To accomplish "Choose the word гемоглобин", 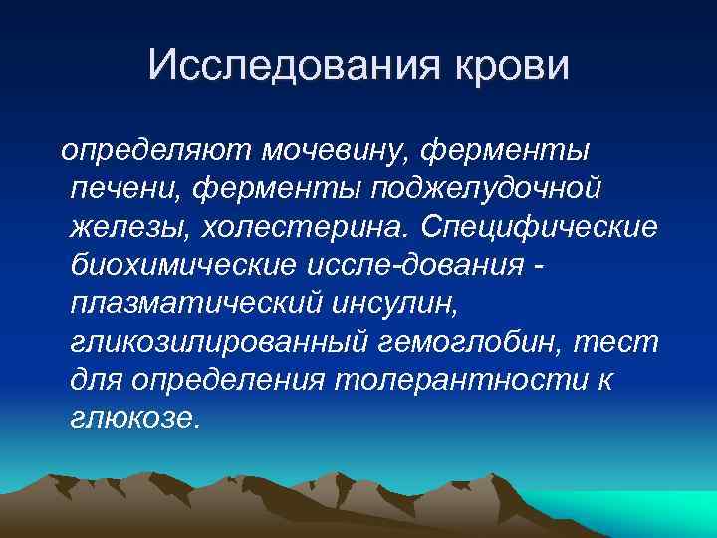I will coord(478,341).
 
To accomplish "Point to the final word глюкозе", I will coord(135,416).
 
